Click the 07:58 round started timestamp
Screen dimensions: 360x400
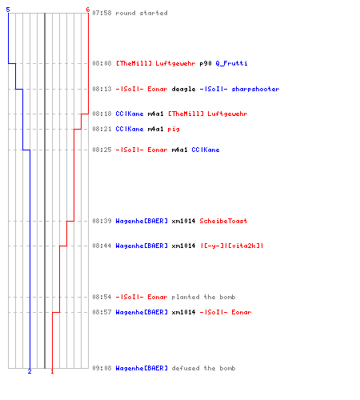point(102,13)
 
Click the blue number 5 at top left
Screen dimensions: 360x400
point(8,10)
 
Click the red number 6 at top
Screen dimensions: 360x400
point(88,10)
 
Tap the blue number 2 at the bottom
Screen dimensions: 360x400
point(30,371)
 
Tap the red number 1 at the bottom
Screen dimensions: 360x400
point(52,371)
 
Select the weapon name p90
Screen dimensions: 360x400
point(206,63)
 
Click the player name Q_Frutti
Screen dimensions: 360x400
point(231,63)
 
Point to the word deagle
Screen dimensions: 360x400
point(183,89)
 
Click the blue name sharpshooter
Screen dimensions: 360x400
point(255,89)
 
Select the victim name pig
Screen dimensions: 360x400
point(174,130)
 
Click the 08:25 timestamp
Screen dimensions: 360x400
point(102,150)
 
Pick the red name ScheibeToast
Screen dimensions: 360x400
point(223,221)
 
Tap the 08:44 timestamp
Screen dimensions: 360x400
point(102,246)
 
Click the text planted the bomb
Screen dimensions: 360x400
point(203,297)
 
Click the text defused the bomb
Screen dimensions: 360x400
point(203,368)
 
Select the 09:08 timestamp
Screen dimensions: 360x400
point(102,368)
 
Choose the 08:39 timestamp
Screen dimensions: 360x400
point(102,221)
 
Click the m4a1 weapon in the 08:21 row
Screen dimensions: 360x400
point(155,129)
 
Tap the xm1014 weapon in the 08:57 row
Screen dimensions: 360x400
point(183,312)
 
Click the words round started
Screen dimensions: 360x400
point(142,13)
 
